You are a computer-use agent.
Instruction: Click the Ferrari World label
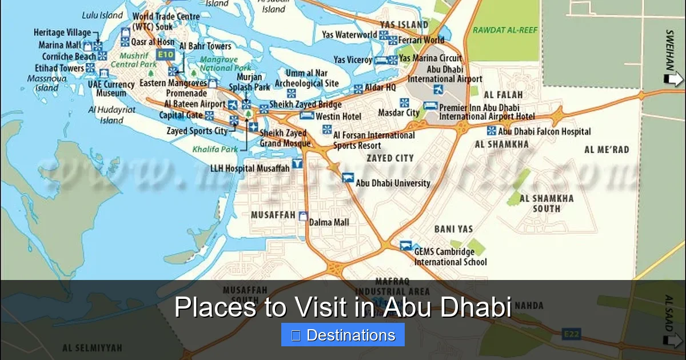(x=422, y=40)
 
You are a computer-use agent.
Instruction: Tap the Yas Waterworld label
(x=349, y=35)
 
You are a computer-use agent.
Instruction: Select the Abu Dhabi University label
(x=393, y=183)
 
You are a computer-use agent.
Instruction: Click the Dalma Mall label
(x=329, y=222)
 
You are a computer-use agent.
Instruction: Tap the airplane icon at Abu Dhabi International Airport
(x=438, y=89)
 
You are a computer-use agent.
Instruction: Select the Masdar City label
(x=398, y=113)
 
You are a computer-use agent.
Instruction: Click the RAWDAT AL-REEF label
(x=505, y=30)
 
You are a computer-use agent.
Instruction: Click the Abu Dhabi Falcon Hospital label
(x=544, y=131)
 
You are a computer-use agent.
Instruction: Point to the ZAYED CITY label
(x=390, y=158)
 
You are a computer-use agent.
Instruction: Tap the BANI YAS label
(x=453, y=229)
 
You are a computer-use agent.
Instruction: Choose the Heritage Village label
(x=62, y=33)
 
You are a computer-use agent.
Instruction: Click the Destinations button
(x=343, y=335)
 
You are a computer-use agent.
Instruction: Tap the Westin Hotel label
(x=338, y=117)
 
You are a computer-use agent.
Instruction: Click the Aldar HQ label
(x=381, y=87)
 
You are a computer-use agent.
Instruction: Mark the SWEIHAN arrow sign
(x=674, y=78)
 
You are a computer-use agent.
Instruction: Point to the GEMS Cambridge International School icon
(x=406, y=246)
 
